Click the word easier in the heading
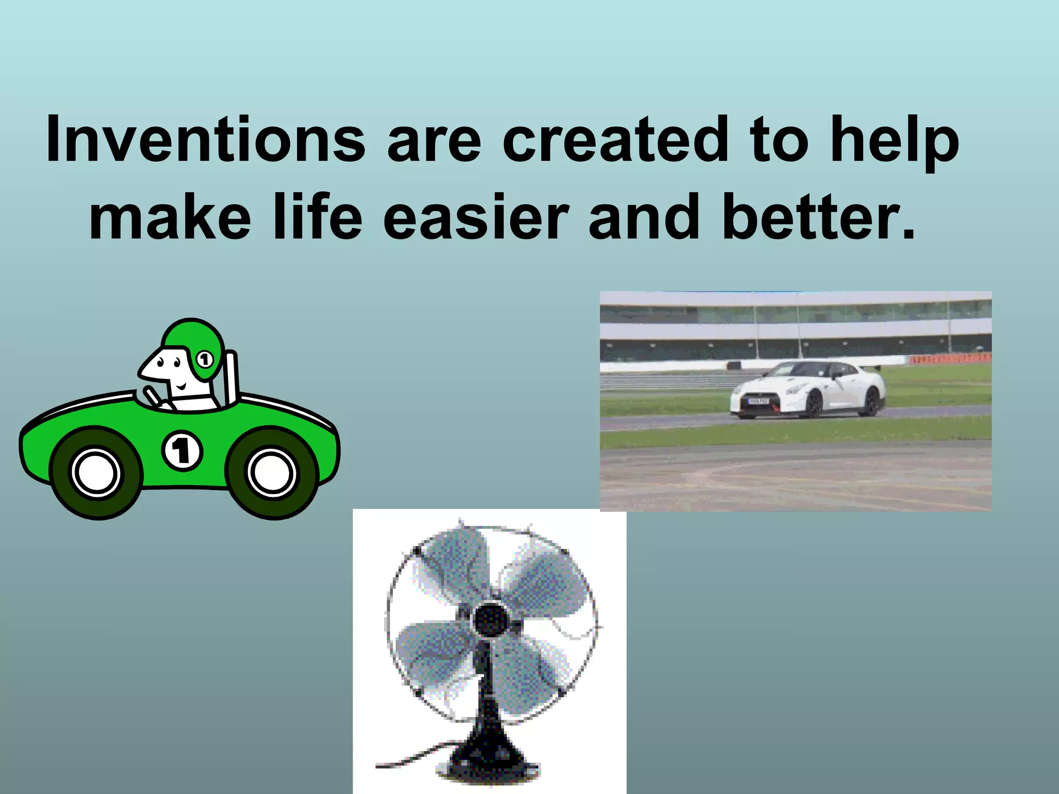pos(476,217)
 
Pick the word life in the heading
pos(318,217)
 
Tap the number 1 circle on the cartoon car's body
pos(182,450)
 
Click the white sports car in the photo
pos(807,388)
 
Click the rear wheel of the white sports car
pos(871,401)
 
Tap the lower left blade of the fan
pos(432,651)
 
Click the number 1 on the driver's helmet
pos(205,359)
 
